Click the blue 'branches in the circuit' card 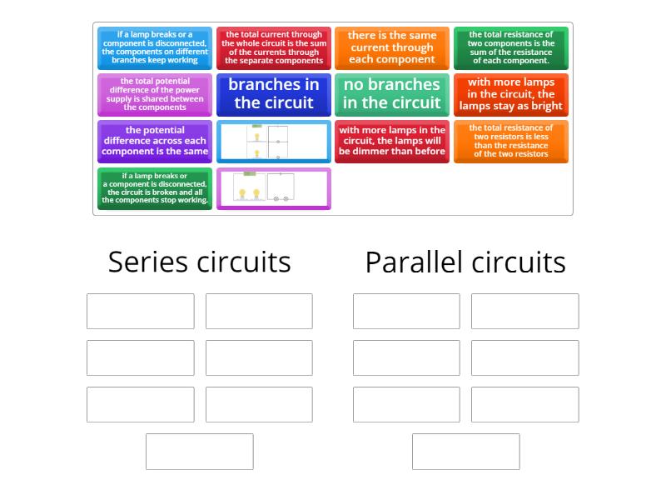pos(274,94)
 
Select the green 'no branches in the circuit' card pos(391,94)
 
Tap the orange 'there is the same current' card pos(391,47)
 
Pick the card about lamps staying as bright pos(510,94)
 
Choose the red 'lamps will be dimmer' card pos(391,141)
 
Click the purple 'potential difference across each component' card pos(155,141)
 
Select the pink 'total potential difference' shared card pos(155,94)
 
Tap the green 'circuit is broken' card pos(155,188)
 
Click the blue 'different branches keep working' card pos(155,47)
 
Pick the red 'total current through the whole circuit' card pos(274,47)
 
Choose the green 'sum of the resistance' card pos(510,47)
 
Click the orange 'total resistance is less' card pos(510,141)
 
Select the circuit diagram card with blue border pos(274,142)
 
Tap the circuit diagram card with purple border pos(274,188)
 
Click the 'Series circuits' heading pos(200,262)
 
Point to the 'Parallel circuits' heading pos(465,262)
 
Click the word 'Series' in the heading pos(147,262)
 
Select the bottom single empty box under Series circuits pos(200,452)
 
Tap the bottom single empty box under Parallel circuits pos(465,452)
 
